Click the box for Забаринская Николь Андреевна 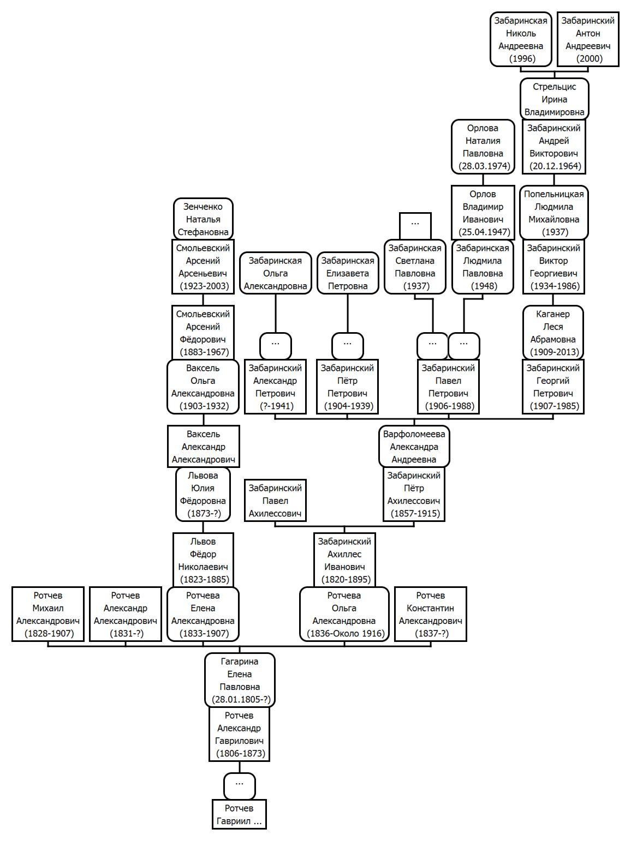[x=521, y=39]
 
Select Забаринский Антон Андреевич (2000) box [x=588, y=39]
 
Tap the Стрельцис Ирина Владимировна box [x=555, y=99]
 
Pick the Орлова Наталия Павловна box [x=483, y=147]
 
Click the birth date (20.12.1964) [x=555, y=166]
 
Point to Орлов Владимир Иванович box [x=483, y=213]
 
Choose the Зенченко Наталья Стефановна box [x=203, y=219]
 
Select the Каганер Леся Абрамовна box [x=553, y=333]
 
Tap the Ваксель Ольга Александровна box [x=203, y=387]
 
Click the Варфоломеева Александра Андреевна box [x=414, y=447]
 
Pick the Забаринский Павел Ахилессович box [x=275, y=500]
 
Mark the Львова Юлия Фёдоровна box [x=203, y=494]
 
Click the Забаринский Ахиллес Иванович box [x=344, y=560]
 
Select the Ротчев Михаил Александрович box [x=48, y=614]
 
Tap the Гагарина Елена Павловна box [x=240, y=680]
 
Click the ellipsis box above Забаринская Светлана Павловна [x=415, y=226]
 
